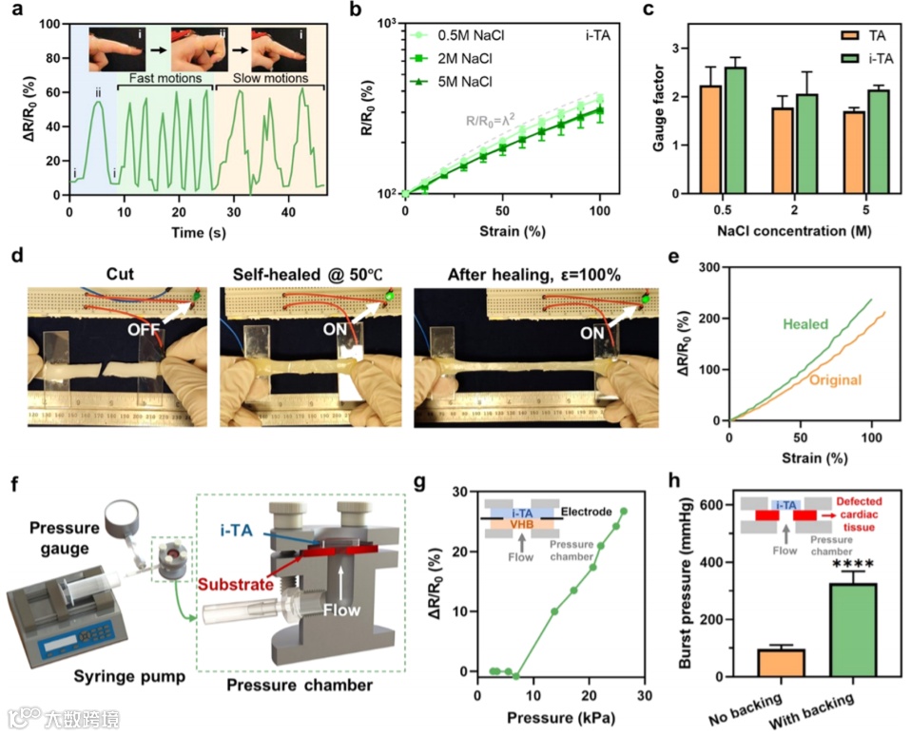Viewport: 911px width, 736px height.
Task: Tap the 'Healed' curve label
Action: (x=804, y=324)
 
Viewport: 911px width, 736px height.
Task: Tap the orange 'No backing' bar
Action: (x=781, y=663)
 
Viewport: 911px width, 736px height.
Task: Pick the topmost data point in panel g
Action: (x=624, y=512)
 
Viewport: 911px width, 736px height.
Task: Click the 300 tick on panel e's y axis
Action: (x=707, y=269)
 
